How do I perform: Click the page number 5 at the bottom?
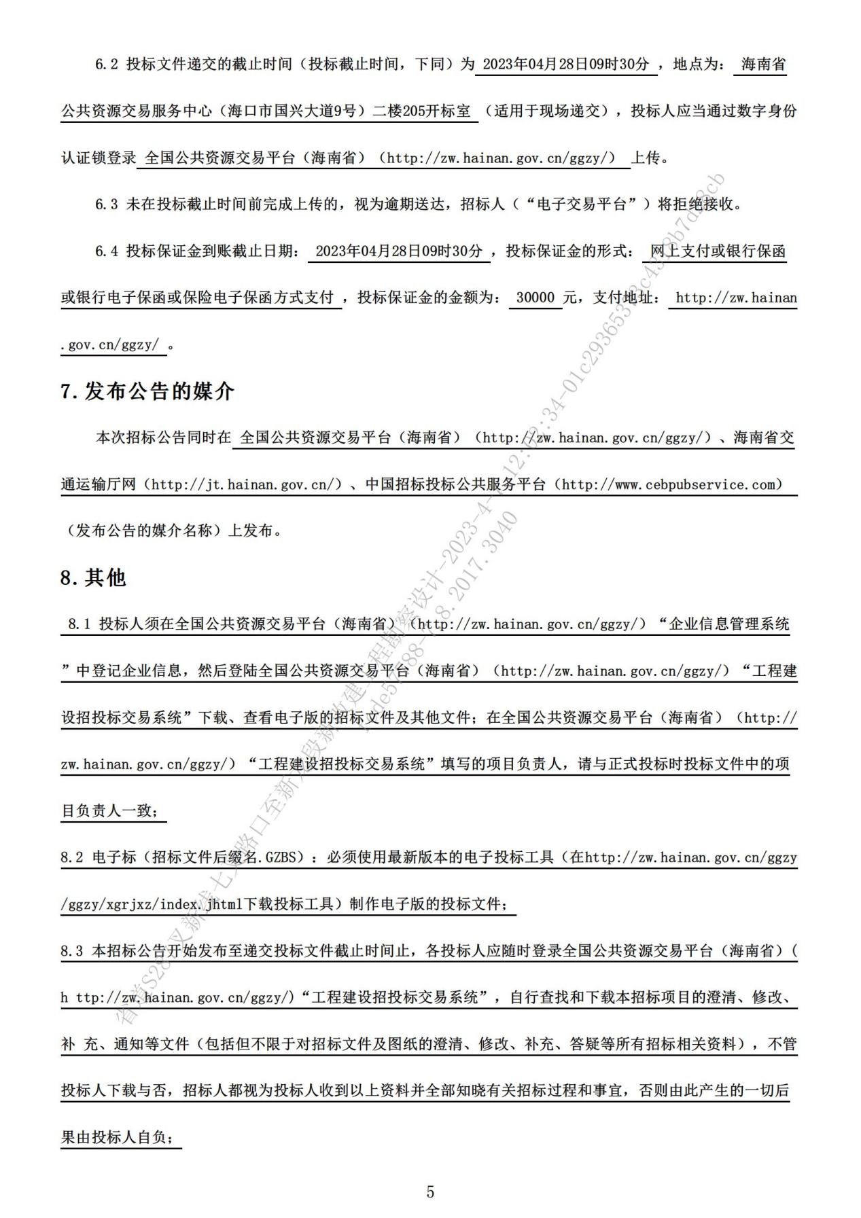click(x=429, y=1192)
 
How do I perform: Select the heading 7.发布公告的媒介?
click(x=147, y=391)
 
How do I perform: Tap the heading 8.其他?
click(x=93, y=577)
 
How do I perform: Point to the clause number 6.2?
click(x=107, y=65)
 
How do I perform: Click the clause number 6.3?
click(x=107, y=204)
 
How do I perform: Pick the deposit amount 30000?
click(x=535, y=298)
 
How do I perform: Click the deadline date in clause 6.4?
click(x=399, y=251)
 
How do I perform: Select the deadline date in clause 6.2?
click(x=565, y=65)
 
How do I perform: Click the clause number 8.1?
click(x=80, y=624)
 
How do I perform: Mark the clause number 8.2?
click(x=71, y=857)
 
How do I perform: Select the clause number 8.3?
click(x=71, y=950)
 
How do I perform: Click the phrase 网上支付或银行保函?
click(x=718, y=251)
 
